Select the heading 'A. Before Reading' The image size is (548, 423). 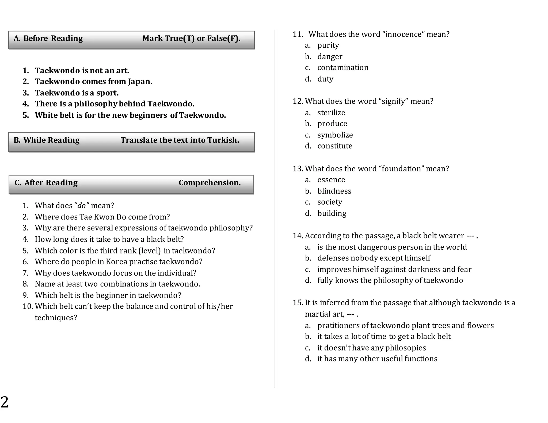pyautogui.click(x=48, y=39)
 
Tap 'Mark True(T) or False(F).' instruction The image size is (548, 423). pyautogui.click(x=191, y=39)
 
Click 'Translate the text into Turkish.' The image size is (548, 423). pyautogui.click(x=180, y=140)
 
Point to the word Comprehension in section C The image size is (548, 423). pyautogui.click(x=210, y=183)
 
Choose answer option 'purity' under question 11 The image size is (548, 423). pyautogui.click(x=328, y=45)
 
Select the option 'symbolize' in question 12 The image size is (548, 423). pyautogui.click(x=335, y=135)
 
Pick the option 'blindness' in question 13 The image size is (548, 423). pyautogui.click(x=334, y=191)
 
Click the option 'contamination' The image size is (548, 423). pyautogui.click(x=343, y=68)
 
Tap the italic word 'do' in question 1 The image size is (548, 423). pyautogui.click(x=81, y=206)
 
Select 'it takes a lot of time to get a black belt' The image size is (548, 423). pyautogui.click(x=384, y=336)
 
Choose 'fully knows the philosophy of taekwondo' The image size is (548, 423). pyautogui.click(x=390, y=280)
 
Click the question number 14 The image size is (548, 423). pyautogui.click(x=298, y=236)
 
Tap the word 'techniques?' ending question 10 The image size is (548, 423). pyautogui.click(x=56, y=318)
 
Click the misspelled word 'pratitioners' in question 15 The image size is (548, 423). pyautogui.click(x=338, y=325)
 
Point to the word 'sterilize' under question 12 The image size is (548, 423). pyautogui.click(x=331, y=113)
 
